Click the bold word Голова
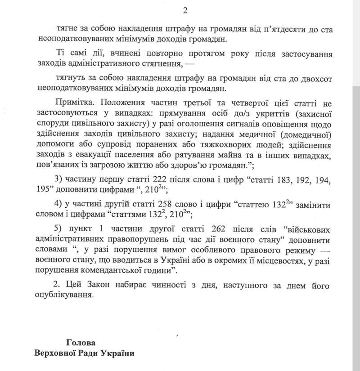81,342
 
